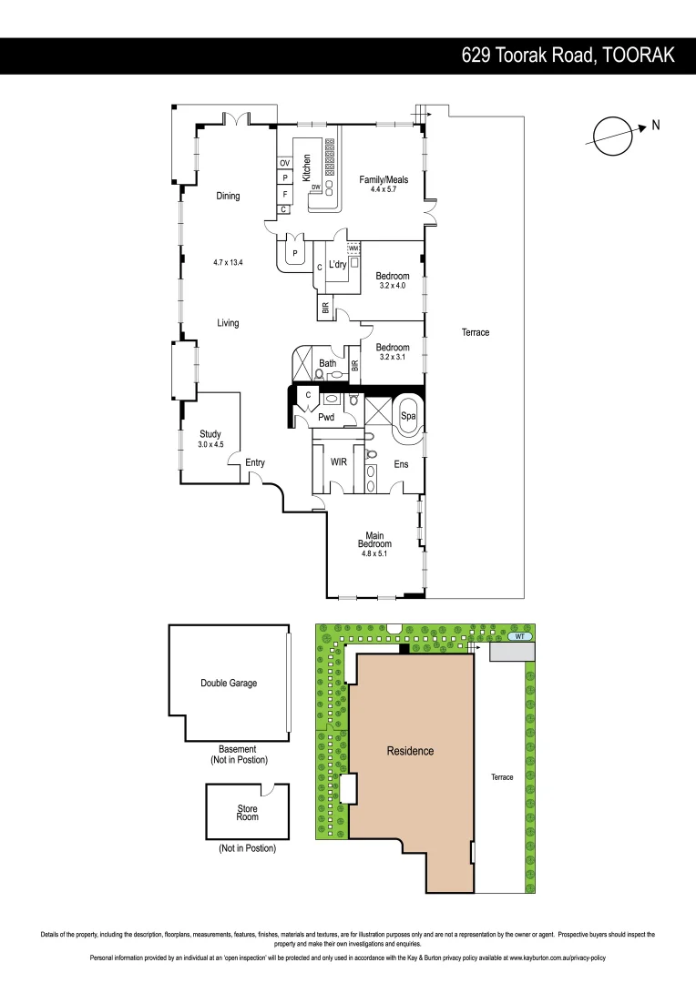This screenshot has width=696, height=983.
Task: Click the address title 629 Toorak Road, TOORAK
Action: [x=568, y=56]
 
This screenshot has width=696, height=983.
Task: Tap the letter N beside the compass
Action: [x=655, y=126]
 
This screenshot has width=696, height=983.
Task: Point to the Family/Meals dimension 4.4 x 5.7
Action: [x=384, y=189]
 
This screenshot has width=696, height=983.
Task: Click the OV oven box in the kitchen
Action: [x=284, y=163]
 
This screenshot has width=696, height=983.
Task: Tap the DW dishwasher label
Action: [x=315, y=188]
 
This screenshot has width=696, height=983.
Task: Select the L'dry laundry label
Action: [x=338, y=265]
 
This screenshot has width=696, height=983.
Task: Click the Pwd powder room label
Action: [x=326, y=418]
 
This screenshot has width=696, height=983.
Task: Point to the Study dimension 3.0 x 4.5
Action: [x=210, y=445]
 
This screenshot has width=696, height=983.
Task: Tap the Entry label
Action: [x=255, y=463]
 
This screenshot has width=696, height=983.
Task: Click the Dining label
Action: [x=228, y=196]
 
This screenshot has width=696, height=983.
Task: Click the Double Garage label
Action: [x=229, y=683]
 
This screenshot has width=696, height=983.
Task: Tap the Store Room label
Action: [x=247, y=813]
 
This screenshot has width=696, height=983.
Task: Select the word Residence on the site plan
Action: [x=410, y=751]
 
